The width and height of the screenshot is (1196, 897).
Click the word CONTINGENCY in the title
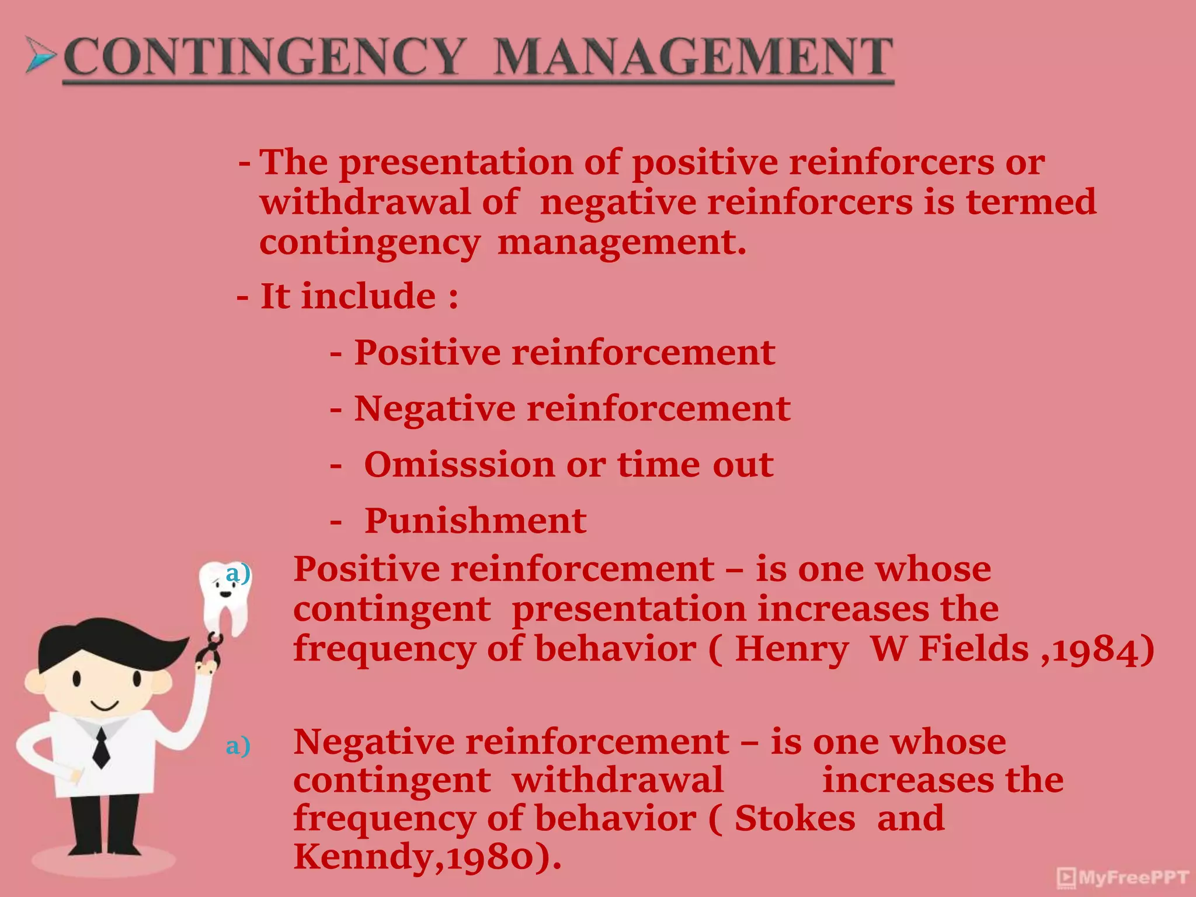[x=264, y=57]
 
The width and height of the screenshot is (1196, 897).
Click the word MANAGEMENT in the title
[x=694, y=57]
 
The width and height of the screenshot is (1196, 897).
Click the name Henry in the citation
[x=791, y=649]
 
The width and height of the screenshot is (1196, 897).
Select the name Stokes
[x=795, y=818]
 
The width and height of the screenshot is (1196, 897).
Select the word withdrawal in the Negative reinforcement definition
[x=617, y=780]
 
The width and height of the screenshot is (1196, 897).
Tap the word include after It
[x=368, y=296]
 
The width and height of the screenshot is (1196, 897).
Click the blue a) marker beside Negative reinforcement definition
[x=238, y=746]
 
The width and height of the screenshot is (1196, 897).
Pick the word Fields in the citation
[x=974, y=649]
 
